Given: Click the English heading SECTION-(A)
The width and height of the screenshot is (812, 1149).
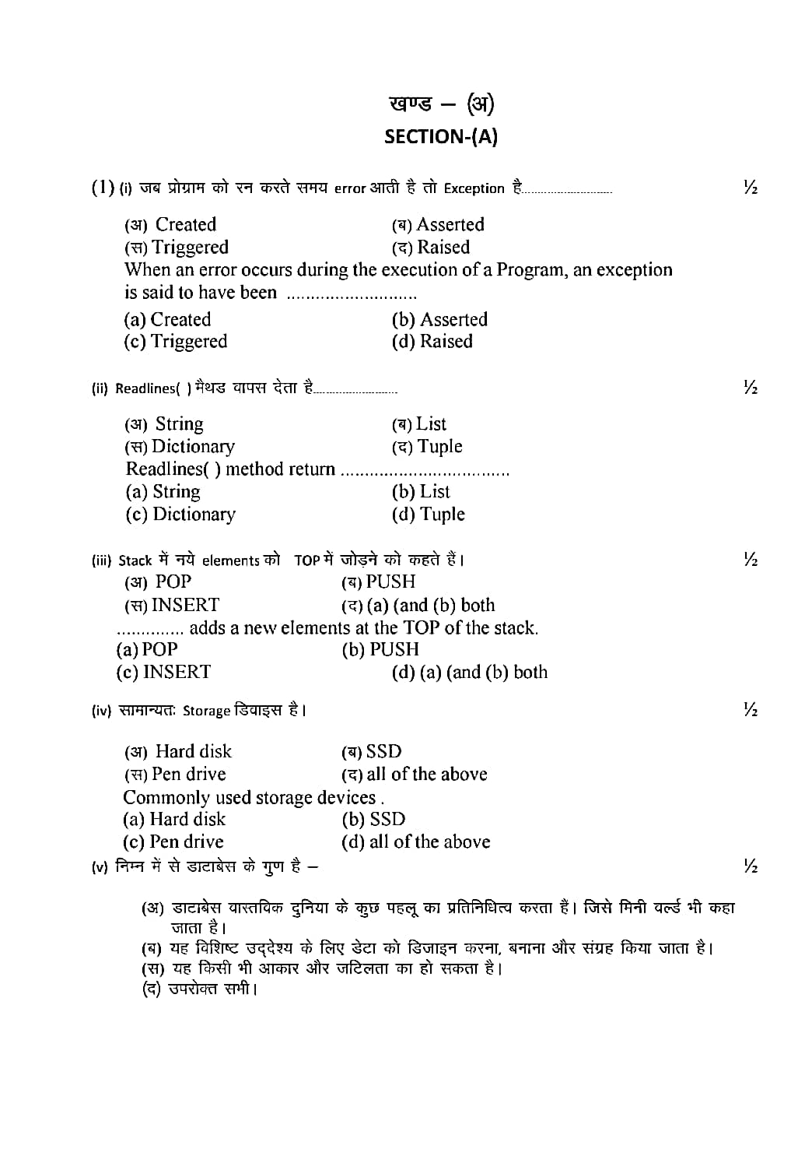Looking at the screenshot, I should (x=441, y=137).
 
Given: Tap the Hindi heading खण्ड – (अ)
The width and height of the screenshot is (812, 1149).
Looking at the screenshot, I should (x=441, y=104).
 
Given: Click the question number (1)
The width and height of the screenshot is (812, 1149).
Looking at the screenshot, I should (x=103, y=188).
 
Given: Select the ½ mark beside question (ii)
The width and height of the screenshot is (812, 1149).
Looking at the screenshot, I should (x=750, y=388).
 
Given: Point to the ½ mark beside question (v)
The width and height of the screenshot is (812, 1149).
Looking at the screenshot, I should (x=750, y=866).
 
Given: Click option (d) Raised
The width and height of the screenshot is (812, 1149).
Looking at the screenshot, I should (x=432, y=342).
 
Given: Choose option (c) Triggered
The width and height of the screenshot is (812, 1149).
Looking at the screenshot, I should (x=175, y=342).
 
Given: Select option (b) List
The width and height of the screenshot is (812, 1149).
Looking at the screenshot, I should (x=421, y=492).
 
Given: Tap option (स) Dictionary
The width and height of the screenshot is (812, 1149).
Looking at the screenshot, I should (x=180, y=447).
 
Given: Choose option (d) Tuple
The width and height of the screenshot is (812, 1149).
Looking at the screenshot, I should (x=428, y=515).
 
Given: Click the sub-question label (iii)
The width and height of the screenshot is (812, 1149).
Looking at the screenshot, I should (x=101, y=560).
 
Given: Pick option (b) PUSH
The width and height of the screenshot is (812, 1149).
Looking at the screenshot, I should (x=380, y=649).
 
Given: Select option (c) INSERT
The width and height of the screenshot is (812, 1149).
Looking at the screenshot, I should (x=163, y=672).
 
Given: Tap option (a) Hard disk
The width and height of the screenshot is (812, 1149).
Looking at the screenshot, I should (x=174, y=820).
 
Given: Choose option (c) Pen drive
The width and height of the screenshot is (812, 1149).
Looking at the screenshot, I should (x=173, y=842).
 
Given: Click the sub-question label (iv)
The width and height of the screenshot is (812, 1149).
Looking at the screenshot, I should (x=101, y=711).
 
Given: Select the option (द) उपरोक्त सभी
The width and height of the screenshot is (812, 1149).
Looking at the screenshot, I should (x=199, y=989).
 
